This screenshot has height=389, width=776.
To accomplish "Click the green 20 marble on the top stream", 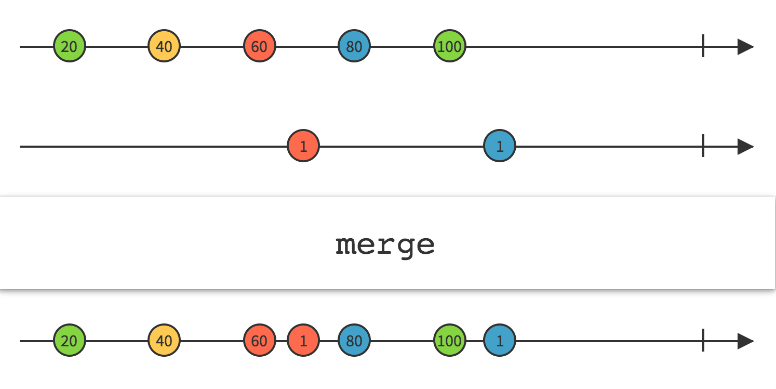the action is [69, 47].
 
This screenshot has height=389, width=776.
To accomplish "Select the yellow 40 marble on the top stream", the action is [164, 47].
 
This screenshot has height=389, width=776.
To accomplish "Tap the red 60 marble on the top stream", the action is [259, 47].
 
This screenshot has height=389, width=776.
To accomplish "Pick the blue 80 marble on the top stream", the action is [354, 47].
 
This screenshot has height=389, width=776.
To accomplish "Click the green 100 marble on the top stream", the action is [450, 47].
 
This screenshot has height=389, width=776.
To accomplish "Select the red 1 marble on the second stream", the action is [303, 147].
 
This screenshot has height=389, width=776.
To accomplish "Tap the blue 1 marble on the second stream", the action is [500, 147].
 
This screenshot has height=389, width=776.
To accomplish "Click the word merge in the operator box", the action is [385, 243].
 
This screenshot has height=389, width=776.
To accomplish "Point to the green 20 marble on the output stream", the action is [69, 341].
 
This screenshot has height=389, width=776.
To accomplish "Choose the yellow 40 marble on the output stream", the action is [164, 341].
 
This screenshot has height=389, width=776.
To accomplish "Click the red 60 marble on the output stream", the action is [259, 341].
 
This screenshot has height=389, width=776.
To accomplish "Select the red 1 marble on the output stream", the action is [303, 341].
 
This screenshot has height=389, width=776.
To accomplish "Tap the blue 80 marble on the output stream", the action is [354, 341].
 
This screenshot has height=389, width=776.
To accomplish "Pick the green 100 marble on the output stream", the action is [450, 341].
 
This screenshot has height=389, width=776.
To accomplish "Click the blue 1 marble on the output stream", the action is [500, 341].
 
